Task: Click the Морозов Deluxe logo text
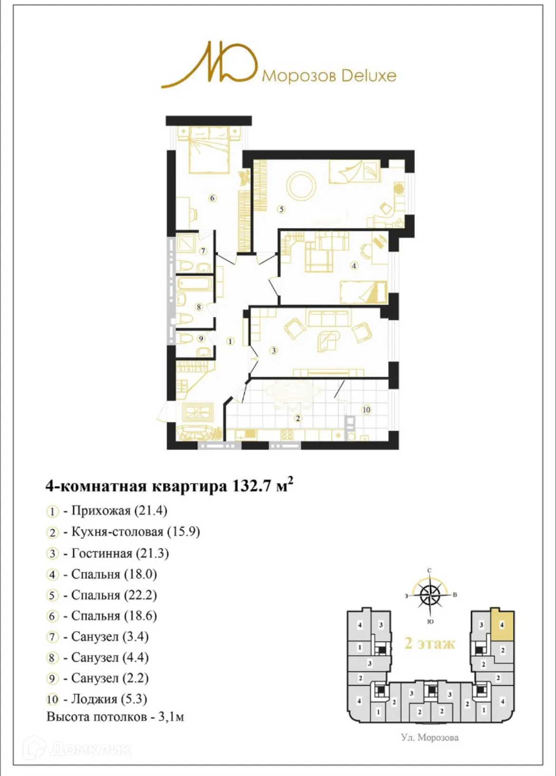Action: click(329, 76)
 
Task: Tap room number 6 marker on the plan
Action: click(212, 198)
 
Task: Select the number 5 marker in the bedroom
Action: click(281, 209)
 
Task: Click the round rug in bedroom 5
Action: click(301, 186)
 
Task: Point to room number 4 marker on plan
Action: click(354, 266)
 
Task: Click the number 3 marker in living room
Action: click(273, 351)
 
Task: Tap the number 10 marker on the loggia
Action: click(366, 410)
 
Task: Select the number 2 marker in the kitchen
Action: click(298, 418)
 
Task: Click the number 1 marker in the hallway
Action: click(230, 341)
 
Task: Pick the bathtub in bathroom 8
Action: click(195, 284)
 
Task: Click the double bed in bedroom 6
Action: click(209, 150)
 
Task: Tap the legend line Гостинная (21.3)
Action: click(120, 553)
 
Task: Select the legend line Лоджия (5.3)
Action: click(109, 699)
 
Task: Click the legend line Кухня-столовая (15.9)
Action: click(135, 532)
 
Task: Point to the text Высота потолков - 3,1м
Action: click(115, 717)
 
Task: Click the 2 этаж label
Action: click(429, 643)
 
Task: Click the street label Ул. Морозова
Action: click(430, 738)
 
